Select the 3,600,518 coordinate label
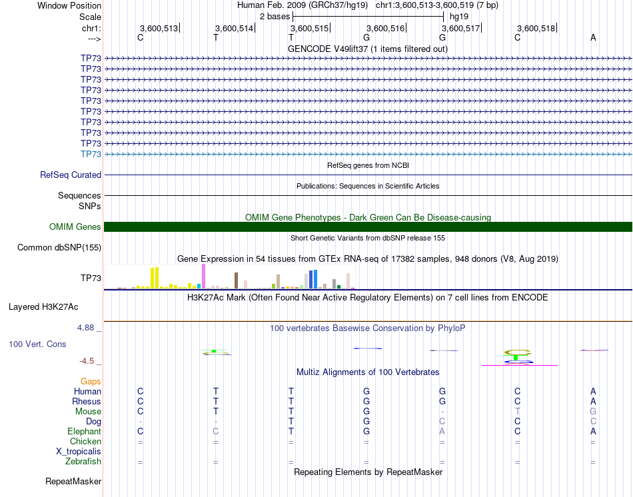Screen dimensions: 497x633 click(536, 28)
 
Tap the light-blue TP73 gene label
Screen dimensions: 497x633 click(91, 154)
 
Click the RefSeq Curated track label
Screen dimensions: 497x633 click(71, 175)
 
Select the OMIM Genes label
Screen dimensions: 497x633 click(75, 227)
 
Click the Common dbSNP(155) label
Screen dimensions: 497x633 click(59, 248)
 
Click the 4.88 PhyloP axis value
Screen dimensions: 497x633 click(87, 328)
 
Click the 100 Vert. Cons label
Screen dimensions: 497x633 click(37, 344)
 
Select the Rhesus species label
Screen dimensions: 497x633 click(87, 401)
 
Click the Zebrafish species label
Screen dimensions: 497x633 click(83, 461)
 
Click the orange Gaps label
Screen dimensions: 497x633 click(91, 381)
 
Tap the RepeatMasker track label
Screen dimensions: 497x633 click(73, 481)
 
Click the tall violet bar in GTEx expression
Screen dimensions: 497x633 click(203, 276)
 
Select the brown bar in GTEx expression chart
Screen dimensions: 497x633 click(236, 280)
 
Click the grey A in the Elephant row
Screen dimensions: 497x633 click(442, 431)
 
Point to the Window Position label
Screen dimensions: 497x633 click(69, 5)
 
